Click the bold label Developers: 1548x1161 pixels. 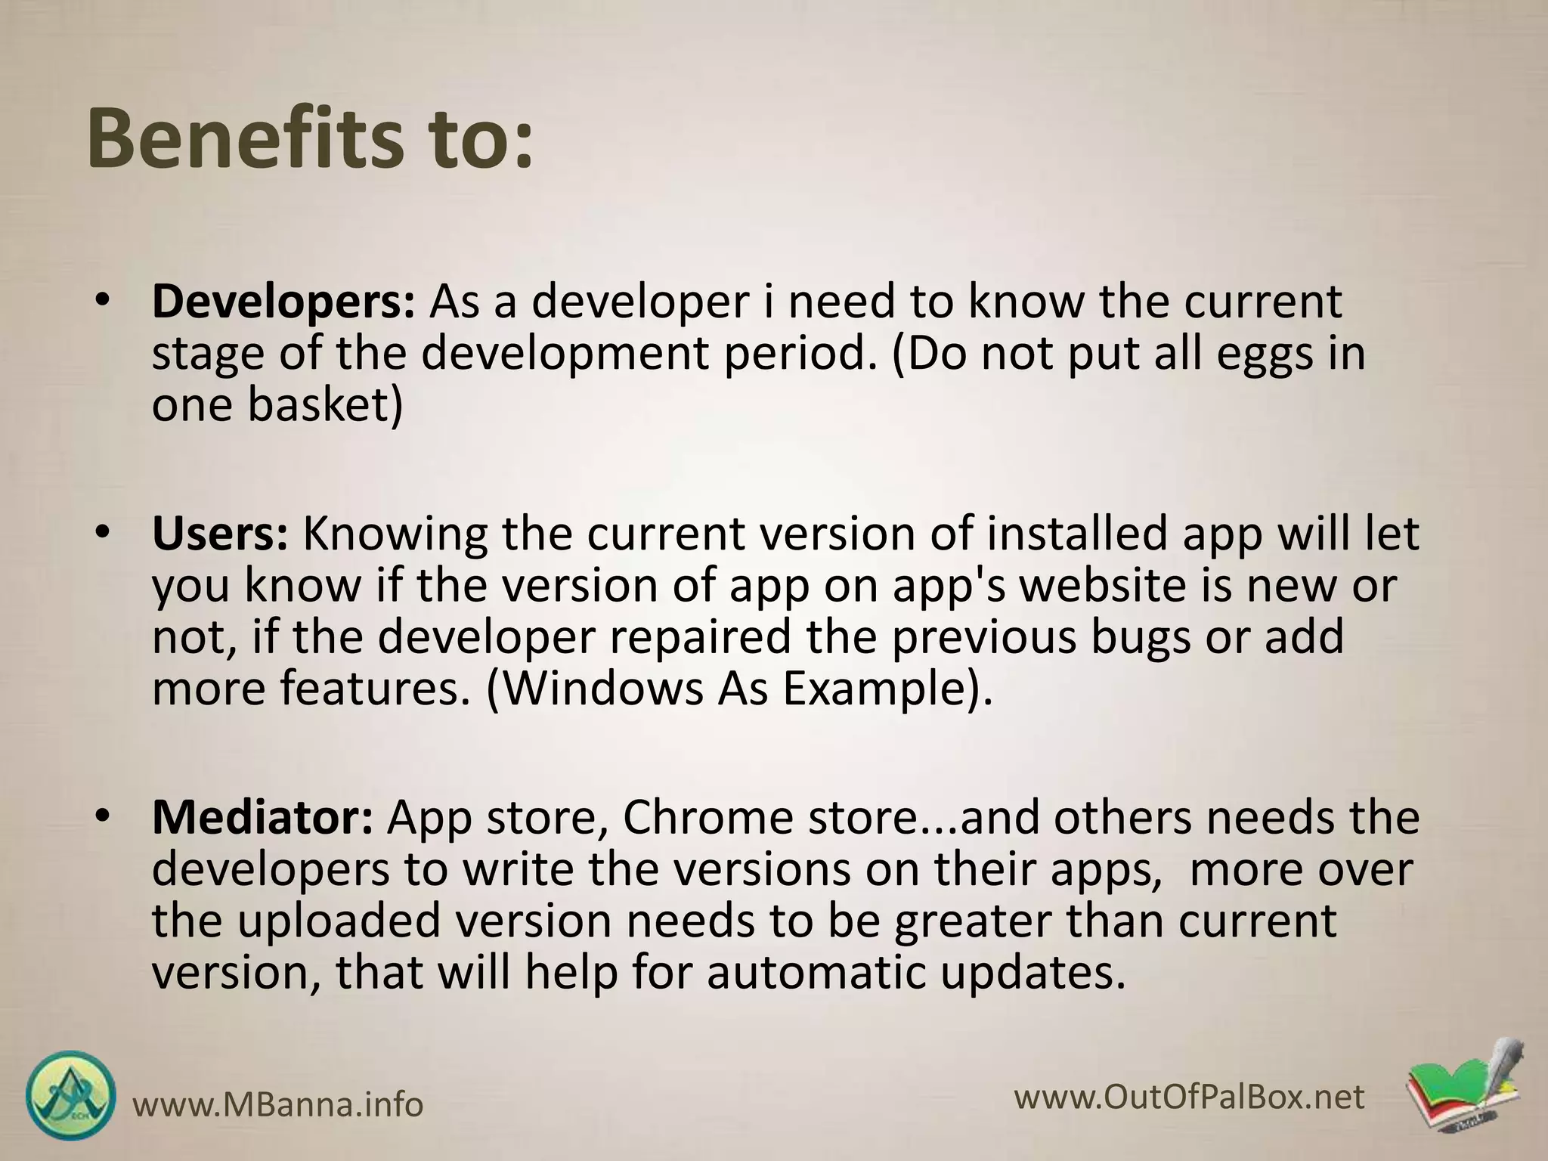pos(283,302)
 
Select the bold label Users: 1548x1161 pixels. pos(220,534)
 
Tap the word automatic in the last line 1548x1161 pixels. pos(816,974)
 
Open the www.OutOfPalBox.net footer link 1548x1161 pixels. pos(1190,1097)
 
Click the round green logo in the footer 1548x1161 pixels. pos(71,1097)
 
